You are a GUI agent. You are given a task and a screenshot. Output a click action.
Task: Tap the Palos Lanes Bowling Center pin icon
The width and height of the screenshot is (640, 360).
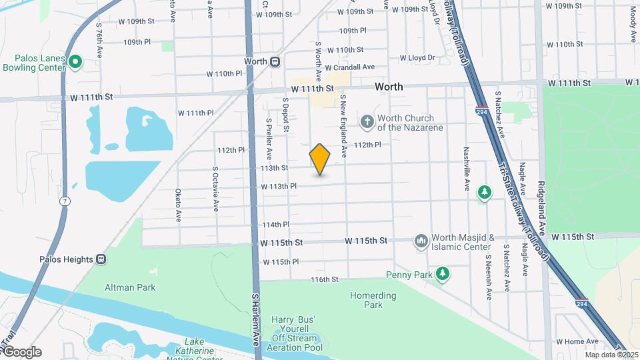(x=75, y=63)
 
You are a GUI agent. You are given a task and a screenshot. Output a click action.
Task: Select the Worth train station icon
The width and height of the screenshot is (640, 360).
(x=274, y=61)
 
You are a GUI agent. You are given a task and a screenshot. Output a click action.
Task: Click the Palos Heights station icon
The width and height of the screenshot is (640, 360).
(x=101, y=259)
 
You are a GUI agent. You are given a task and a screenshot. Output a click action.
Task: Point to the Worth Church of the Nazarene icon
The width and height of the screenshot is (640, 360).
(x=367, y=122)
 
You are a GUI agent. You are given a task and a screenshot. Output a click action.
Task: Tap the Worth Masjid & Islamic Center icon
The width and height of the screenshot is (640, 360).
(x=421, y=241)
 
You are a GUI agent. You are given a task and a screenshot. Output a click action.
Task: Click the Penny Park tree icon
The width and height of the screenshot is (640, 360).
(x=442, y=274)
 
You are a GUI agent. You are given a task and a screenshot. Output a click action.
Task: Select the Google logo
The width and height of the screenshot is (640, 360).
(x=22, y=352)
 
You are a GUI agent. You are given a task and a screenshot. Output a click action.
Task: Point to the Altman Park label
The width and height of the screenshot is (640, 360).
(x=130, y=287)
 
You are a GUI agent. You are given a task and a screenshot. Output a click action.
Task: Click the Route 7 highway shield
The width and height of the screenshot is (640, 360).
(x=64, y=201)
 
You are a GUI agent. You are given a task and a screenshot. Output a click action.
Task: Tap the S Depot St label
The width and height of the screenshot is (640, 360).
(x=285, y=114)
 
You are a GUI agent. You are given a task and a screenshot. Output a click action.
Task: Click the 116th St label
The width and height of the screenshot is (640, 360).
(x=325, y=279)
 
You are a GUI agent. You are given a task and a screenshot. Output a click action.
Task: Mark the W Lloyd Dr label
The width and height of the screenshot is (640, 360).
(x=417, y=58)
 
